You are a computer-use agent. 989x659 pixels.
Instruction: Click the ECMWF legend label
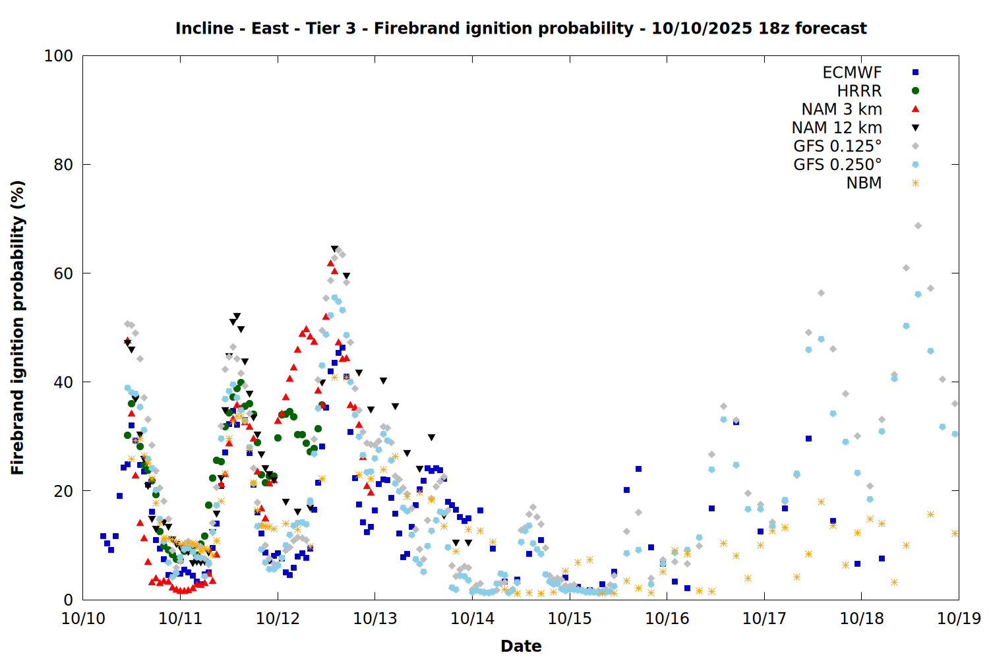(x=852, y=72)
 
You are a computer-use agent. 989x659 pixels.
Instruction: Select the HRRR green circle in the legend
(x=915, y=91)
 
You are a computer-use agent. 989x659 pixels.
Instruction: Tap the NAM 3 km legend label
(x=841, y=109)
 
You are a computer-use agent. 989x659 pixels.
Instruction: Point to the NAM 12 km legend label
(x=837, y=128)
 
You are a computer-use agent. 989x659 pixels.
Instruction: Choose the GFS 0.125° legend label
(x=837, y=146)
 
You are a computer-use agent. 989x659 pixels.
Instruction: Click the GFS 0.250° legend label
(x=837, y=165)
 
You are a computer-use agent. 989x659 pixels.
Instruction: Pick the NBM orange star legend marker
(x=915, y=183)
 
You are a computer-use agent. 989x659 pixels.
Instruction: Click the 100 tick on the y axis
(x=59, y=56)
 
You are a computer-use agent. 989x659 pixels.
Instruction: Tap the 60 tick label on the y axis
(x=63, y=273)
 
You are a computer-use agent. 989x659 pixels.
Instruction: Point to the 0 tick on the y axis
(x=68, y=600)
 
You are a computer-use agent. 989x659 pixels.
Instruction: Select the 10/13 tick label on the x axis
(x=375, y=619)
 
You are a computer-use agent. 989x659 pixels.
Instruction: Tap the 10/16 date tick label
(x=667, y=619)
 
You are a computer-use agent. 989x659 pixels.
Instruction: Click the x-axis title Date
(x=521, y=646)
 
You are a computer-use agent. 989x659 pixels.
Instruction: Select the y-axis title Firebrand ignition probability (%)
(x=18, y=328)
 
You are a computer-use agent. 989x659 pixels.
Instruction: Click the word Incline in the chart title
(x=204, y=28)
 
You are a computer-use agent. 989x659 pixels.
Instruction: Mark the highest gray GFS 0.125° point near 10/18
(x=918, y=226)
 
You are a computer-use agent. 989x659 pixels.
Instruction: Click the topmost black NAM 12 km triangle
(x=334, y=249)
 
